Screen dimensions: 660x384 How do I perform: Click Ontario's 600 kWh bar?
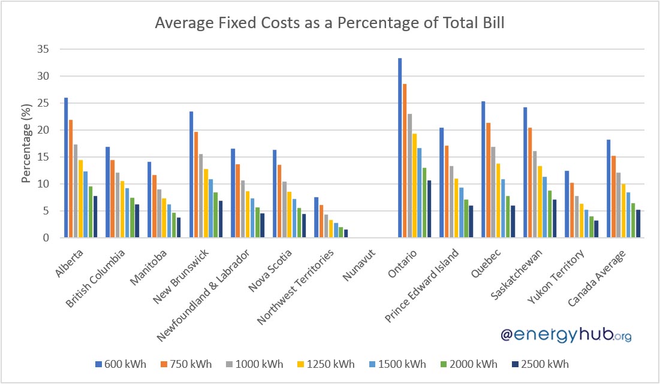[x=400, y=148]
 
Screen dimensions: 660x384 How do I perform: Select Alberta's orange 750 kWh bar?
[x=71, y=179]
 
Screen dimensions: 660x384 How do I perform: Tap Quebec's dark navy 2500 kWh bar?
[x=513, y=222]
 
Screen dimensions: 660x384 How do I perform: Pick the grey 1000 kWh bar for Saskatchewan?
[x=535, y=194]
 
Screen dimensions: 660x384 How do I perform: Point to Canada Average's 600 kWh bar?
[x=608, y=189]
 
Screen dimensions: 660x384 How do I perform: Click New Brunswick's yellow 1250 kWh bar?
[x=206, y=204]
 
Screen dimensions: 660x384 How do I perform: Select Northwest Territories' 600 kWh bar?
[x=316, y=217]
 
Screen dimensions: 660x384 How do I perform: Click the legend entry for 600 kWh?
[x=121, y=364]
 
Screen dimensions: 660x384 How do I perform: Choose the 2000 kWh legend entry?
[x=469, y=364]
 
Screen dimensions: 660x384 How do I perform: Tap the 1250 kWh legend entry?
[x=326, y=364]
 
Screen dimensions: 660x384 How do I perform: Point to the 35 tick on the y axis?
[x=43, y=49]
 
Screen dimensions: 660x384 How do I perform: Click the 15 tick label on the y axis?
[x=43, y=157]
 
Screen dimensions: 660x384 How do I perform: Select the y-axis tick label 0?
[x=46, y=238]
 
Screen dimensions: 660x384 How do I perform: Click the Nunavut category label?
[x=359, y=265]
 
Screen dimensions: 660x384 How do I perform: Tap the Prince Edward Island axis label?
[x=422, y=285]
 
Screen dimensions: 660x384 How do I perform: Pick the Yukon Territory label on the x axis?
[x=556, y=276]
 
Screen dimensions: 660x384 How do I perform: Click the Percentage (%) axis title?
[x=26, y=143]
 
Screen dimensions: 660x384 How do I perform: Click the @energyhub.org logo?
[x=566, y=335]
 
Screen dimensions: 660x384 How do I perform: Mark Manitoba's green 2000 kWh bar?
[x=174, y=225]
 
